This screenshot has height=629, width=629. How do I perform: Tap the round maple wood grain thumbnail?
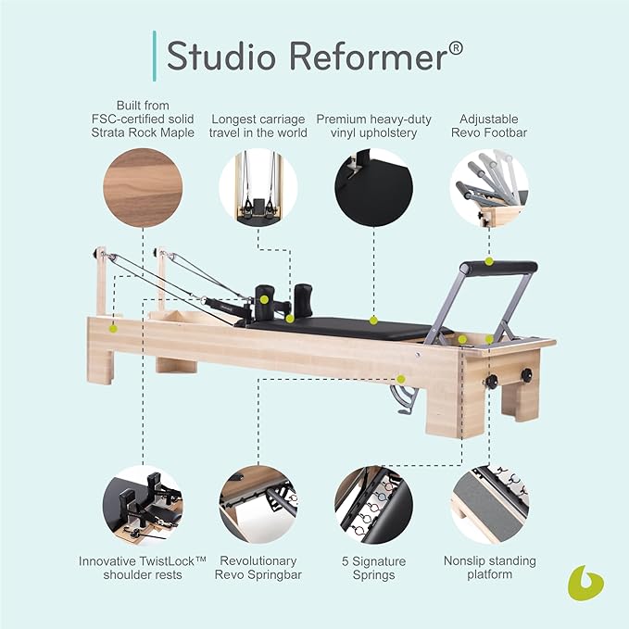142,187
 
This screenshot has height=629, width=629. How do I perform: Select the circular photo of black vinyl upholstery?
372,187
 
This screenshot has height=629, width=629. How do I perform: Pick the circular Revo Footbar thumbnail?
488,187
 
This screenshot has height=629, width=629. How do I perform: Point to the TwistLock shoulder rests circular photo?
142,505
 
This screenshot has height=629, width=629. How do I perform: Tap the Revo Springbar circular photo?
258,505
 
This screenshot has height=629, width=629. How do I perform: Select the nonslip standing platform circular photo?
488,505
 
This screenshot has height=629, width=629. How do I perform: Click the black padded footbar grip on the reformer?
501,267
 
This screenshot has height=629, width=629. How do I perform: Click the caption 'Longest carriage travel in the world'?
258,127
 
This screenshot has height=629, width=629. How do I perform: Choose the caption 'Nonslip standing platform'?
488,568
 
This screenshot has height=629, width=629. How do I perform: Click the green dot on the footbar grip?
489,262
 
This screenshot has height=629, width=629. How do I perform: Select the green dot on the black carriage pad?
373,321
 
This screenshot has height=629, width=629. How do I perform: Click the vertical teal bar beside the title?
153,56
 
